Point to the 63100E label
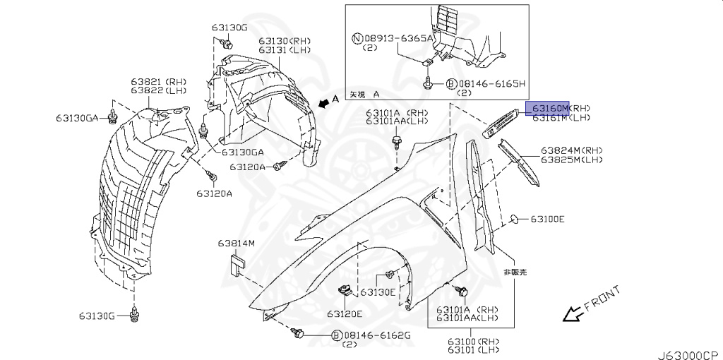[x=548, y=220]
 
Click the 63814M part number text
[x=236, y=244]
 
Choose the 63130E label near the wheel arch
[x=378, y=292]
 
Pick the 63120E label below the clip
[x=345, y=314]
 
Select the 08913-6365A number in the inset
[x=399, y=38]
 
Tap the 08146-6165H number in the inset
[x=493, y=83]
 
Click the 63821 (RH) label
[x=157, y=83]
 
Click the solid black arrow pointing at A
[x=323, y=104]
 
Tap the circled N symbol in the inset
[x=357, y=38]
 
